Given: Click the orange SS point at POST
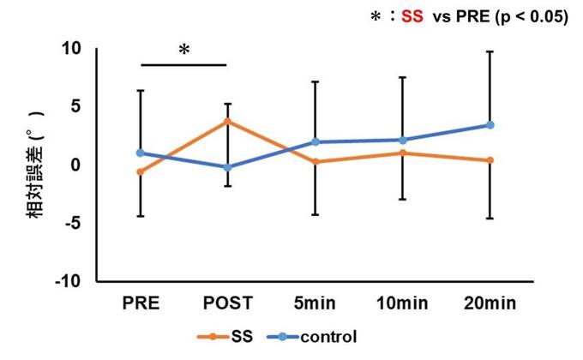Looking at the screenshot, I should click(x=227, y=121).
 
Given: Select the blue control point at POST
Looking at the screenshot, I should click(x=227, y=167).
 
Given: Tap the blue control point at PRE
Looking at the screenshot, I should click(x=141, y=153).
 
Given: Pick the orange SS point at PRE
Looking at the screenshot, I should click(x=141, y=171).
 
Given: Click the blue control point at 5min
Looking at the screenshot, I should click(x=316, y=141).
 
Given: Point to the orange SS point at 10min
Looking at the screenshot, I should click(x=403, y=153).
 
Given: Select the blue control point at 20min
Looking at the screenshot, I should click(x=490, y=125).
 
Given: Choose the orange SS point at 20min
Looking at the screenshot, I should click(x=490, y=160).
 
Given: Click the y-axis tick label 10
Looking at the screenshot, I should click(x=70, y=49).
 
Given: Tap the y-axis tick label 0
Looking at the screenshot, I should click(x=75, y=165).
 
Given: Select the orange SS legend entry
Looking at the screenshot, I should click(x=233, y=336).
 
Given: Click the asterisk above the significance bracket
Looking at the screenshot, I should click(x=184, y=51).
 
